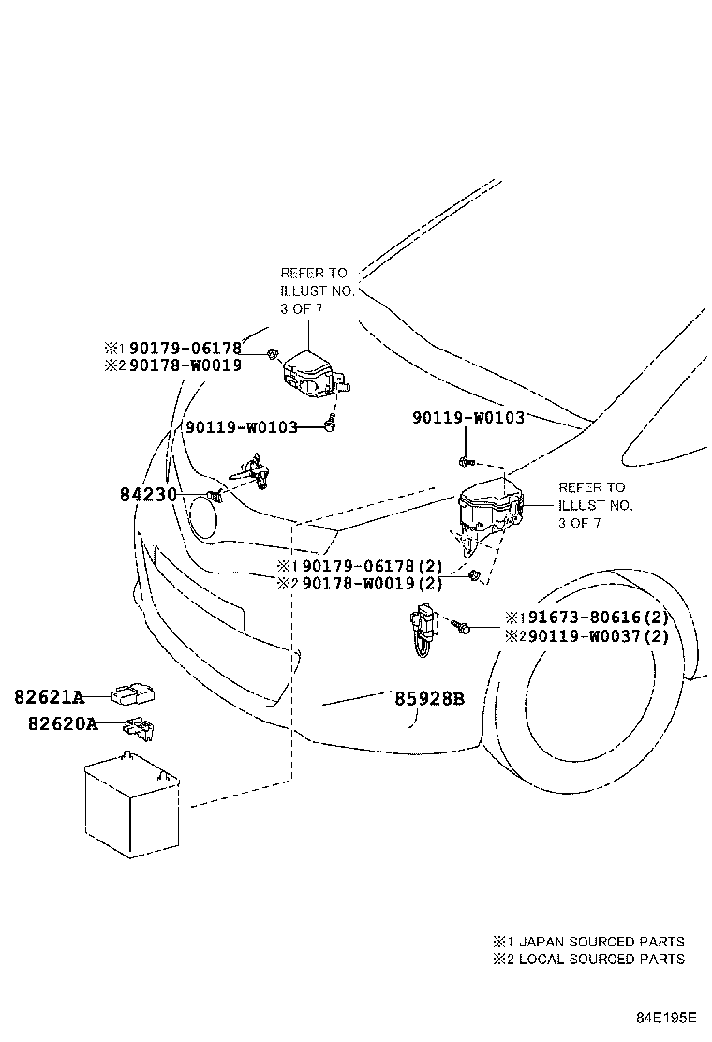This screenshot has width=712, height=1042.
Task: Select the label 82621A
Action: [x=49, y=697]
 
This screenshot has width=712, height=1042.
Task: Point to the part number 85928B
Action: [x=427, y=698]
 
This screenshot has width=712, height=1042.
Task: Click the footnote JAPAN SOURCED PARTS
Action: [x=600, y=941]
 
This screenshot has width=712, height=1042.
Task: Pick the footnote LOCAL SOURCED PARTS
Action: [x=600, y=959]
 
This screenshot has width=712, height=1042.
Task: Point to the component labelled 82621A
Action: [x=134, y=694]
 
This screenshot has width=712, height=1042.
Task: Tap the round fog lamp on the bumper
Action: [x=203, y=515]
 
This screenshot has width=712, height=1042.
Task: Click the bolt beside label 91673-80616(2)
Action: [x=462, y=626]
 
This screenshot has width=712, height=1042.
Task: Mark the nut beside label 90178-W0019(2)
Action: [x=475, y=575]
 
